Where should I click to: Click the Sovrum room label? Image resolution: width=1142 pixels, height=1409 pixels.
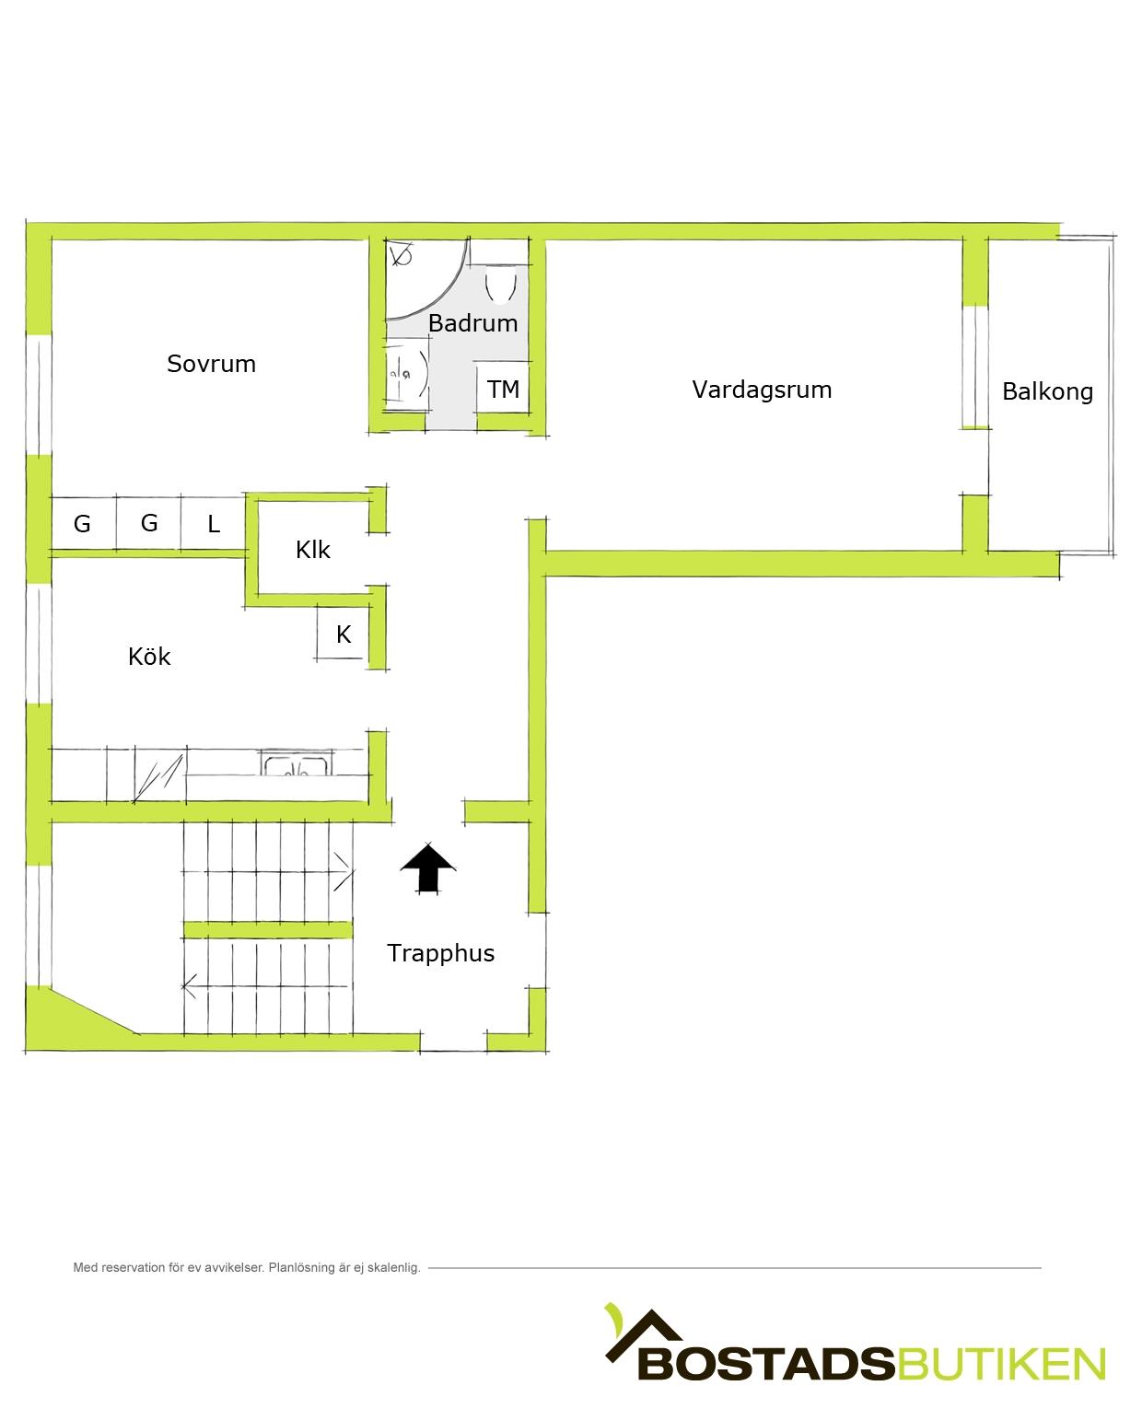[211, 364]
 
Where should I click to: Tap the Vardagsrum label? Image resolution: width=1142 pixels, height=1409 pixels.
[762, 390]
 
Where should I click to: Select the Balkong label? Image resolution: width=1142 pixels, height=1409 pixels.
[1047, 391]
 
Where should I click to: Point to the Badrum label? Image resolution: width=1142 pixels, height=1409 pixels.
[472, 323]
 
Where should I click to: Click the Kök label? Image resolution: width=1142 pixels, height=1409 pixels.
[149, 657]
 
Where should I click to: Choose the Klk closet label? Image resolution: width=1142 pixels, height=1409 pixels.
[312, 550]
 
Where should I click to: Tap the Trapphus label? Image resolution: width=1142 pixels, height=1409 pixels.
[440, 953]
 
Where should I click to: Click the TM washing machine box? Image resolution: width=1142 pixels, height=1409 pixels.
[502, 388]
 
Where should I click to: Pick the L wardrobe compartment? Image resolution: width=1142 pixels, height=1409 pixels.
[213, 523]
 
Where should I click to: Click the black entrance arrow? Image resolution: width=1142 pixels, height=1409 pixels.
[428, 868]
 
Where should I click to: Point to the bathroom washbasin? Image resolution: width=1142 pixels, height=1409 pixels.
[408, 375]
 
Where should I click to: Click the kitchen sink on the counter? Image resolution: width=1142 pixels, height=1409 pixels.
[296, 762]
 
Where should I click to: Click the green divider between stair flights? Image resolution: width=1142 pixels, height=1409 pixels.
[267, 930]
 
